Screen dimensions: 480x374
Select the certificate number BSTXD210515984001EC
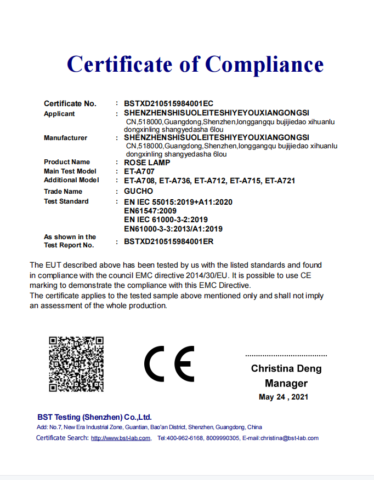pos(168,103)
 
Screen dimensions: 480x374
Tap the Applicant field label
pos(59,114)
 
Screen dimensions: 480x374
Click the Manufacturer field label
pos(65,138)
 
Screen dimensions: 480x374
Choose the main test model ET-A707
pos(139,171)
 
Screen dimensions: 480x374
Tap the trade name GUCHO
pos(139,191)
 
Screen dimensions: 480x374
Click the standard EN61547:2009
pos(150,211)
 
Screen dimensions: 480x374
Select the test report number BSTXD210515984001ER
pos(168,241)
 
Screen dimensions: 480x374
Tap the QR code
pos(76,364)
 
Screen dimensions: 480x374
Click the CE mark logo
pos(169,365)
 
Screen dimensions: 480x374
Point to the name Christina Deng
pos(286,368)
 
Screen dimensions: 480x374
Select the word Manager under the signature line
pos(286,383)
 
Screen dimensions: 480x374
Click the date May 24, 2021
pos(284,397)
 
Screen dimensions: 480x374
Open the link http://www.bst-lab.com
pos(121,438)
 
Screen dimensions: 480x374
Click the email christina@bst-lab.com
pos(289,438)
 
